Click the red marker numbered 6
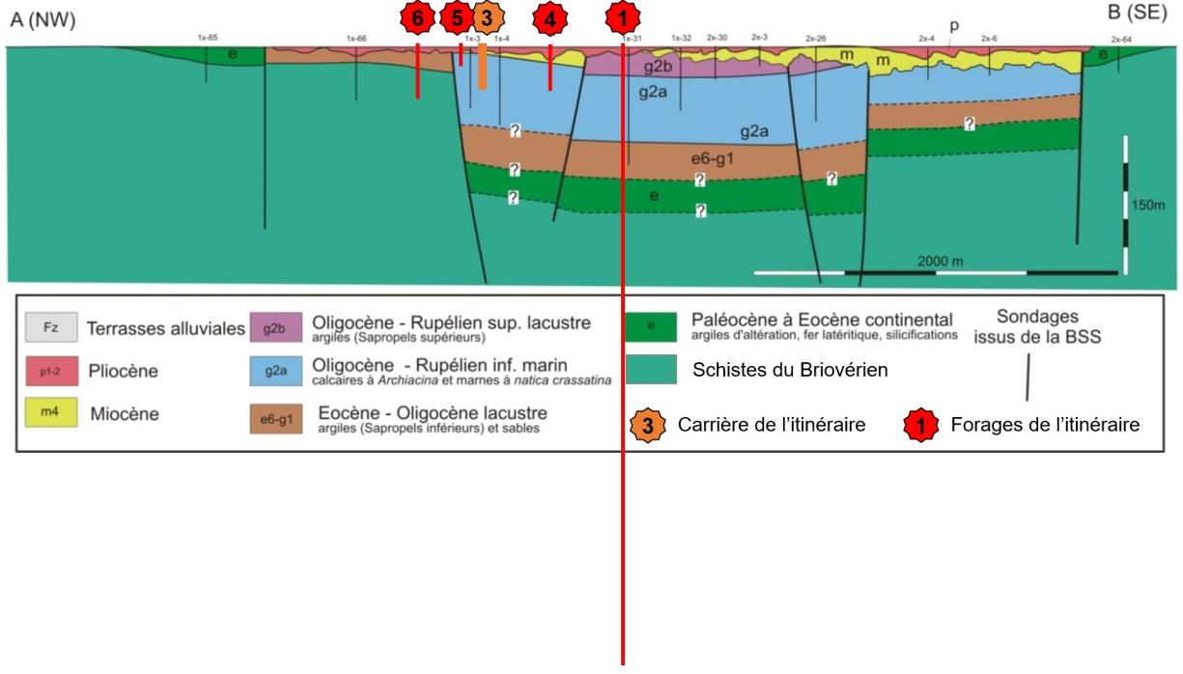(x=417, y=18)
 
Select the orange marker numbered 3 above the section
(x=486, y=18)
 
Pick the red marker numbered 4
(x=550, y=18)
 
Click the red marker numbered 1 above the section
(x=623, y=18)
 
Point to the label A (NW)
(x=42, y=20)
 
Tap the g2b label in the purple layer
(x=658, y=68)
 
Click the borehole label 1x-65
(x=207, y=38)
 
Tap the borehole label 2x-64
(x=1121, y=39)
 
